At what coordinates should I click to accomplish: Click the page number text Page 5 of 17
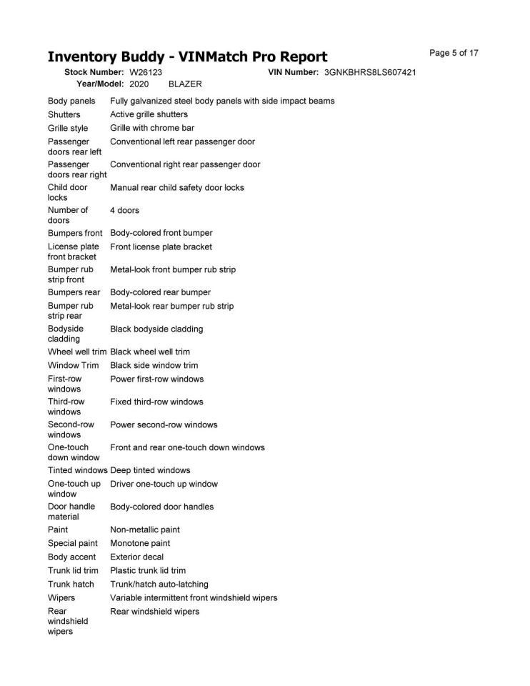point(454,53)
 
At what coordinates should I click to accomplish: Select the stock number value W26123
point(146,73)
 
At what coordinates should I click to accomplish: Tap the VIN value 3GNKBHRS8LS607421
point(370,73)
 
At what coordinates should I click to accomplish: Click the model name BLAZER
point(185,84)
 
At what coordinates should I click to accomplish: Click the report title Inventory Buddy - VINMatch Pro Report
point(187,57)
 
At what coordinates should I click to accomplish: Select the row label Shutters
point(64,114)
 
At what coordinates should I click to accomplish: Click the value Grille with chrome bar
point(152,129)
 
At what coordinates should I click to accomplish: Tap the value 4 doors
point(124,211)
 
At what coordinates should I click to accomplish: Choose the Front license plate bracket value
point(161,247)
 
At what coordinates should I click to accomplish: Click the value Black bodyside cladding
point(156,329)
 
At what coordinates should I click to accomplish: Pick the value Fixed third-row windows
point(156,402)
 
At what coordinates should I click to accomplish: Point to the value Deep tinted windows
point(150,470)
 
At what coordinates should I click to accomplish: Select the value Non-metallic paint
point(145,530)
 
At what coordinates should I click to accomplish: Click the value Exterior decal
point(136,557)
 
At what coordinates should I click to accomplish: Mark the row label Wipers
point(61,597)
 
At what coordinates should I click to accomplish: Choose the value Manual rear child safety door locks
point(177,188)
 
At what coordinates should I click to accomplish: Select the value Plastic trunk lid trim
point(148,570)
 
